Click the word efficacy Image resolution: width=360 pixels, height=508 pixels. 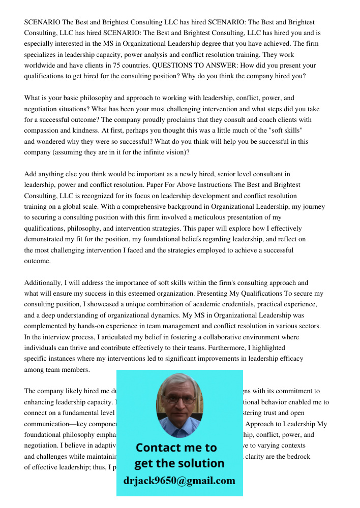(x=290, y=359)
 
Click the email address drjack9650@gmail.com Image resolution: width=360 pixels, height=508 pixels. (x=179, y=481)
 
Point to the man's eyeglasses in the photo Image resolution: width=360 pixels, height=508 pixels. (x=179, y=400)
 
